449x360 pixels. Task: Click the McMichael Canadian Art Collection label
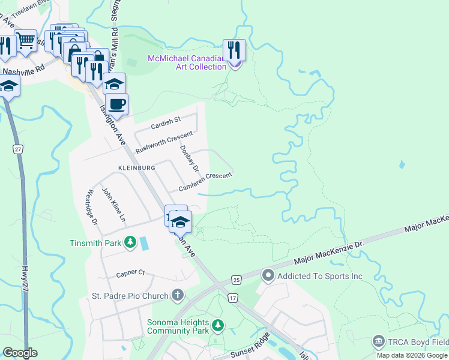pyautogui.click(x=187, y=62)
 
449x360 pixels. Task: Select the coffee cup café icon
pyautogui.click(x=117, y=103)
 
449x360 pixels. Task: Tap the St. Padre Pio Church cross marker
pyautogui.click(x=177, y=295)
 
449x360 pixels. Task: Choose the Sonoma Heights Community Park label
pyautogui.click(x=178, y=326)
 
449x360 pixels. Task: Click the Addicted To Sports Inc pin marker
pyautogui.click(x=268, y=276)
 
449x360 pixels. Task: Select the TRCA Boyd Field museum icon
pyautogui.click(x=378, y=342)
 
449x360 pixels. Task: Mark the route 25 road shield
pyautogui.click(x=237, y=280)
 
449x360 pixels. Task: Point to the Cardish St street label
pyautogui.click(x=166, y=122)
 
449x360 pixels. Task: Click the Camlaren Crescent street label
pyautogui.click(x=205, y=182)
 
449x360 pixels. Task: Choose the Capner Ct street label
pyautogui.click(x=131, y=272)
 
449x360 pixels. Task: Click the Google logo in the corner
pyautogui.click(x=20, y=353)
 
